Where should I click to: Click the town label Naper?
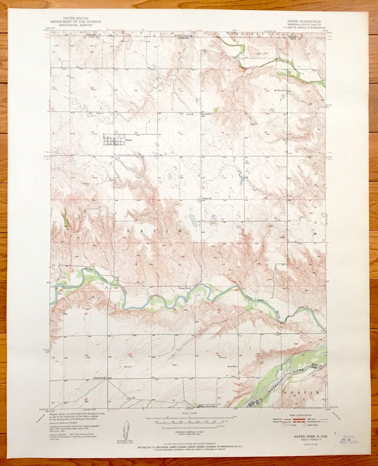[120, 140]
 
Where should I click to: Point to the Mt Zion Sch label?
[280, 91]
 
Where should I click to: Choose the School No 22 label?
[184, 288]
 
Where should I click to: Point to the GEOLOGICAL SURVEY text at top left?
[80, 25]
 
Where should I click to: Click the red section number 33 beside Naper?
[136, 132]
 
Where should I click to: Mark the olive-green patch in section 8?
[65, 218]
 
